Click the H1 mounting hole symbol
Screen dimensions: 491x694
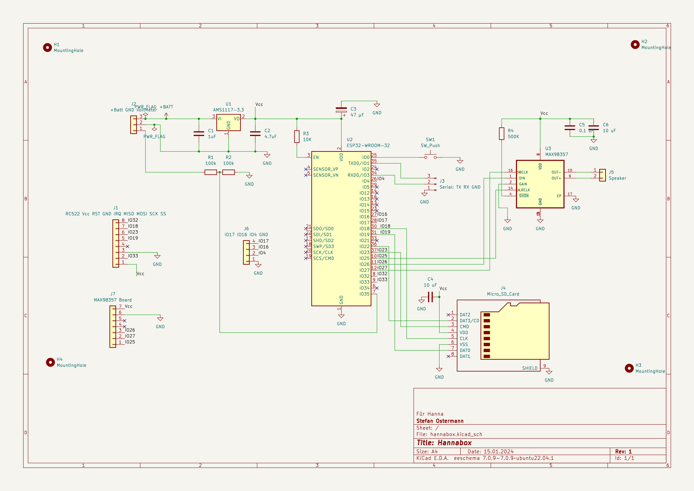click(x=47, y=48)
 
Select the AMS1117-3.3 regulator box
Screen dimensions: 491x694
click(x=229, y=122)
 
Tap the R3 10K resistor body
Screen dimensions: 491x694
click(x=297, y=136)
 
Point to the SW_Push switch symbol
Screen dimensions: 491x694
click(x=430, y=157)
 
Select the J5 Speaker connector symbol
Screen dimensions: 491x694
click(x=602, y=175)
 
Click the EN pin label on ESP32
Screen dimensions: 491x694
click(x=316, y=157)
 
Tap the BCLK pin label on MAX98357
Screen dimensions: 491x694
click(x=524, y=172)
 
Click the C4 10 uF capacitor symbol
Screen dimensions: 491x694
click(x=430, y=297)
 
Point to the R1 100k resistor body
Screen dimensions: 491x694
click(x=211, y=172)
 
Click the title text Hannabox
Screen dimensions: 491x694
click(x=454, y=443)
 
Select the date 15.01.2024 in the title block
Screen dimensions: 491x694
click(x=498, y=451)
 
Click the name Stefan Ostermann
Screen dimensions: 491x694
click(x=440, y=421)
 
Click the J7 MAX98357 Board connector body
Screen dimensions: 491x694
click(x=113, y=326)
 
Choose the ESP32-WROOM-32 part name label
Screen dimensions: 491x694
click(x=368, y=146)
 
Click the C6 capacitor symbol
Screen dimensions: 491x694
click(x=594, y=128)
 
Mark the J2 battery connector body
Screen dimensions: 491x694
click(x=133, y=125)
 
